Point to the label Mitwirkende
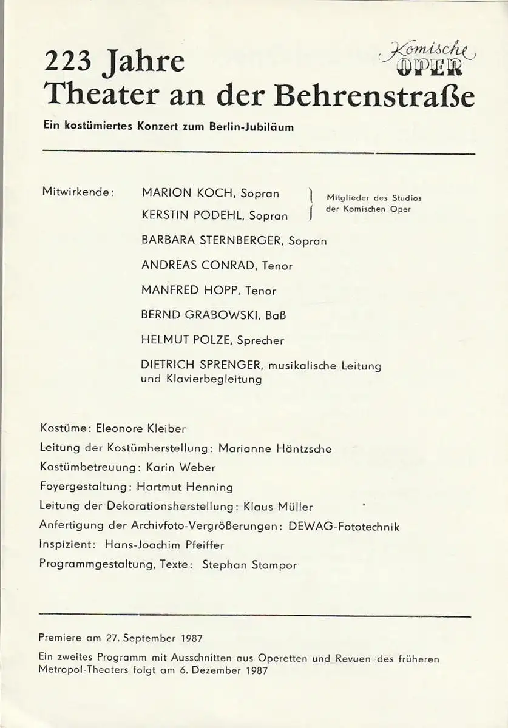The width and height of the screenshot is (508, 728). pos(78,192)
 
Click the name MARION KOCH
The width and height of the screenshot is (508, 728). pos(188,193)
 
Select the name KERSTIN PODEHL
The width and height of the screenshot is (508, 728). pos(192,216)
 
